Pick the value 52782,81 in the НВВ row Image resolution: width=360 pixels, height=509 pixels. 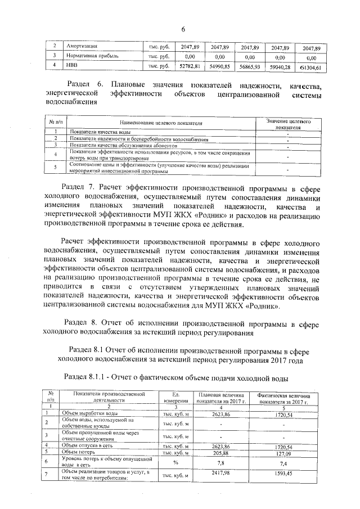(x=190, y=66)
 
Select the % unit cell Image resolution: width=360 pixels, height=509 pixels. (x=175, y=462)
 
